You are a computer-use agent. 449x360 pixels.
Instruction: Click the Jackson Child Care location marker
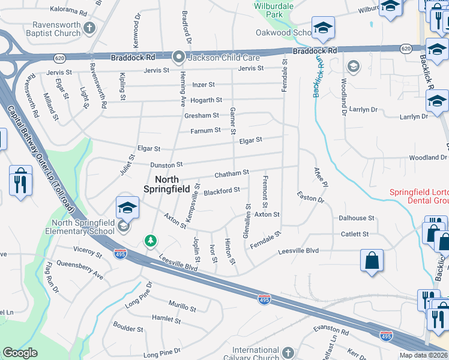point(178,58)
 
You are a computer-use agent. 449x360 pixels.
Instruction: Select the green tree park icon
point(150,241)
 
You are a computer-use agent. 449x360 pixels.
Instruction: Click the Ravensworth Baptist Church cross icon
point(89,28)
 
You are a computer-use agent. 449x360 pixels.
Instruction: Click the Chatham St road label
point(232,173)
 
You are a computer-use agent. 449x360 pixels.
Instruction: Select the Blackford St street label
point(221,191)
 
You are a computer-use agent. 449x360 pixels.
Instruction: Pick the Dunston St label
point(166,164)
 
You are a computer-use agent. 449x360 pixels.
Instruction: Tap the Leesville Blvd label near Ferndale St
point(298,251)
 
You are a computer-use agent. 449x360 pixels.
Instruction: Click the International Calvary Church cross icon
point(288,352)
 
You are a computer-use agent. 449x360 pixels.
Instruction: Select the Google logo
point(20,353)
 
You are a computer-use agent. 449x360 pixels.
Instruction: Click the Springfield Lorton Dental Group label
point(418,196)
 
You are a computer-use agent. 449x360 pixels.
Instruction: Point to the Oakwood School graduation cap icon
point(322,28)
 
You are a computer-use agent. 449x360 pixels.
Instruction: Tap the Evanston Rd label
point(331,331)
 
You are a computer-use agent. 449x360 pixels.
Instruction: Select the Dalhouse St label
point(356,218)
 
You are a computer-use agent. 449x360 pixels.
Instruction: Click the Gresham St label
point(201,115)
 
